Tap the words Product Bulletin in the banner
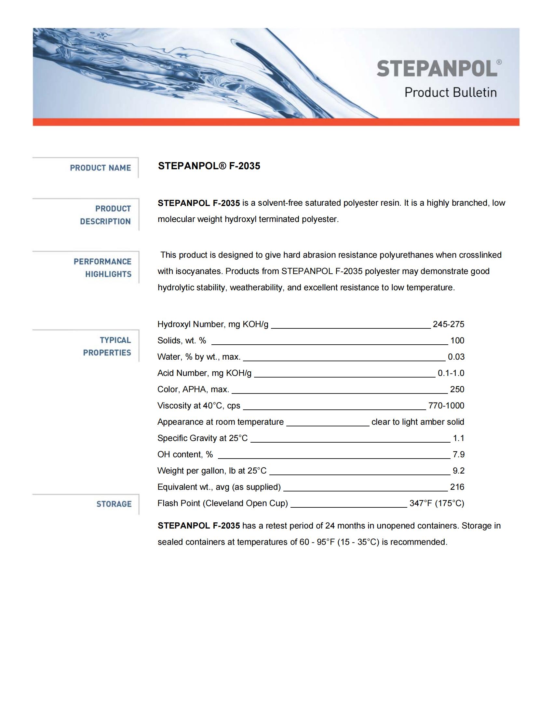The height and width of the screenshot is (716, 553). (451, 92)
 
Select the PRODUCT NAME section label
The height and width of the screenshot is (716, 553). (100, 168)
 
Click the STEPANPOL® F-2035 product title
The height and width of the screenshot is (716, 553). (209, 166)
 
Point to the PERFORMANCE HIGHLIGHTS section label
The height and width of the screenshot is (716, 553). (102, 268)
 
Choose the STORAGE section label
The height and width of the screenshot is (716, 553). (114, 504)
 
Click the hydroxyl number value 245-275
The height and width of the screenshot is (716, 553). (448, 324)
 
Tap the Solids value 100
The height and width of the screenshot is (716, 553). (457, 341)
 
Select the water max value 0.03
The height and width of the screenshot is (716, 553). (456, 357)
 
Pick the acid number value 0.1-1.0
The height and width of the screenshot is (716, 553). (451, 373)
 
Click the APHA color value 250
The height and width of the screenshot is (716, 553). (457, 390)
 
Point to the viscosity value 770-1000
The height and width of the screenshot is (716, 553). (446, 406)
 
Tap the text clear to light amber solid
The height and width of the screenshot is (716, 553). (418, 422)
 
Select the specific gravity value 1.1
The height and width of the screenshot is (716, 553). (458, 438)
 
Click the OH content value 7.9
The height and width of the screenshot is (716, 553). (458, 454)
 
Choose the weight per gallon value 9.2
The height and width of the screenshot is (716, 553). (458, 471)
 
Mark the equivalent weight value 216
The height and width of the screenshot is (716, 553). (457, 487)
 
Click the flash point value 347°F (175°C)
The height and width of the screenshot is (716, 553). (437, 503)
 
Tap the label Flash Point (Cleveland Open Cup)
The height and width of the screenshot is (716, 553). (223, 503)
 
